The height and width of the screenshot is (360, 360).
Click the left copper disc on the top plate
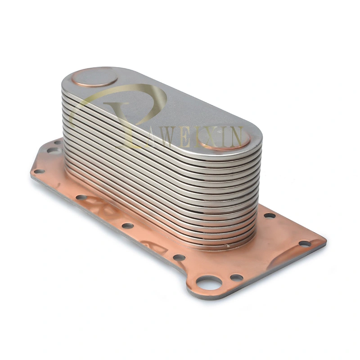click(x=94, y=76)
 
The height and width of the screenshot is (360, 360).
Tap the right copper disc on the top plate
click(x=224, y=138)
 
